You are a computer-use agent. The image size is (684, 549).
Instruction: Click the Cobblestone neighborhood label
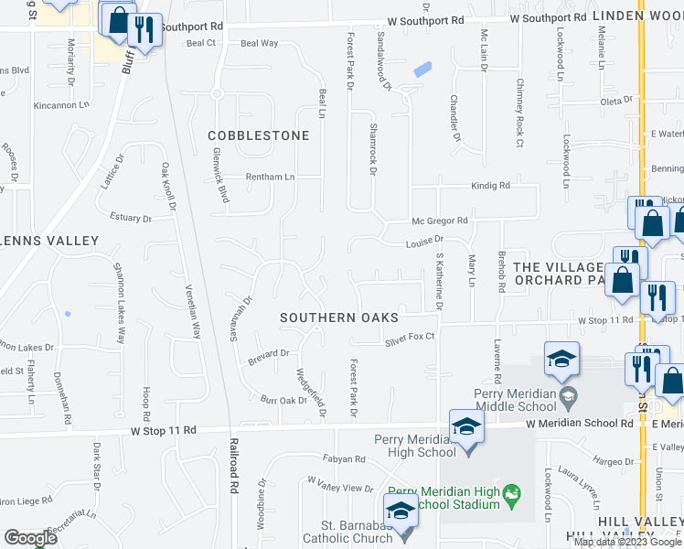[258, 135]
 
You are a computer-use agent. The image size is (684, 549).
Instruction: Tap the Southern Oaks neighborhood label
[338, 318]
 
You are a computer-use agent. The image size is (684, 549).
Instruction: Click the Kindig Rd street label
[490, 186]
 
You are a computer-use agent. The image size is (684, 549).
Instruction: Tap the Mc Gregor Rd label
[440, 221]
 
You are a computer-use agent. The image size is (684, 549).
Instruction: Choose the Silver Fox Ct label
[409, 338]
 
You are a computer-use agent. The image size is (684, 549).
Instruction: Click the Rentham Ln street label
[269, 177]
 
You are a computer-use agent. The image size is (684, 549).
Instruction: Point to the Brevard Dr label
[268, 353]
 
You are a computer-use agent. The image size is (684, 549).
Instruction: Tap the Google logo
[30, 538]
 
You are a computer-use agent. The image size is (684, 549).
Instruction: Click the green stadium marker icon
[513, 493]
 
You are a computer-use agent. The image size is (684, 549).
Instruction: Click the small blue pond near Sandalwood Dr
[422, 69]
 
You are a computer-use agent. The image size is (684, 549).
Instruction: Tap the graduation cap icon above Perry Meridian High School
[465, 425]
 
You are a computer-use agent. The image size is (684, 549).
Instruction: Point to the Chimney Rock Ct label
[518, 124]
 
